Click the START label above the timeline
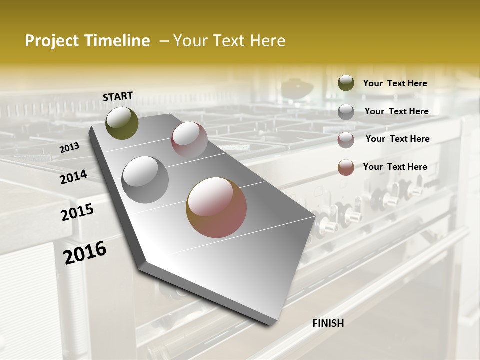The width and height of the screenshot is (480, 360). pos(118,96)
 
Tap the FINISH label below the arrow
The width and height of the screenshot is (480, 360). pos(328,323)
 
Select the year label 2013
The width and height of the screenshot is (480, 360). pos(70,148)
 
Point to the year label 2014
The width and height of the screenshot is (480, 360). pos(73,177)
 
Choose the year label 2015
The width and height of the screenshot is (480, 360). pos(77,212)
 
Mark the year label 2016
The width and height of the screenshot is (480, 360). pos(85,252)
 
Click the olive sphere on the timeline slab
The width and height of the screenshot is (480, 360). pos(122,123)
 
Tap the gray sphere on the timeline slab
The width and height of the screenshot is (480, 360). pos(145,180)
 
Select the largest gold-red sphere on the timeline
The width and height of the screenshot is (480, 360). pos(216,207)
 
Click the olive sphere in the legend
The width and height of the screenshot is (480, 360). pos(346,83)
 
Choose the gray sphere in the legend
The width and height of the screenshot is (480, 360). pos(346,112)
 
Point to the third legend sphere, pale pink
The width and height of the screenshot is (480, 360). pos(346,140)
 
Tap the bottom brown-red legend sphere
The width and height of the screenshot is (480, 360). pos(346,167)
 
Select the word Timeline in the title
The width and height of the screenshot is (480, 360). pos(118,41)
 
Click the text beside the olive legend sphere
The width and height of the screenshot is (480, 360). pos(395,83)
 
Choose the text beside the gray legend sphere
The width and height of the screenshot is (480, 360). pos(396,111)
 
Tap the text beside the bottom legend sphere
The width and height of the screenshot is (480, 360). pos(395,167)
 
